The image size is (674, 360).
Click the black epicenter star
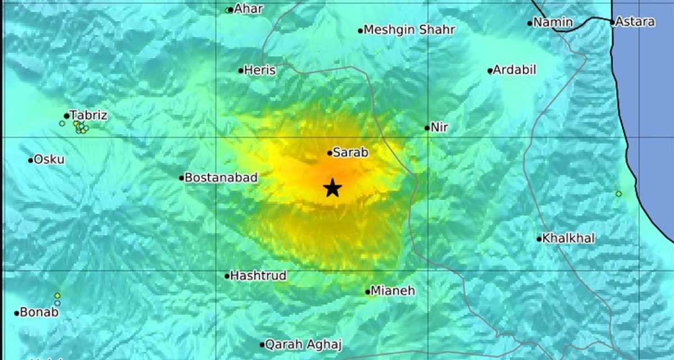click(x=333, y=188)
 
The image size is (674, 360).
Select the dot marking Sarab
click(x=330, y=153)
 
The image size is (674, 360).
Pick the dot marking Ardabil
click(x=490, y=71)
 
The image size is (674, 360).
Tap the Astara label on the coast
click(x=635, y=22)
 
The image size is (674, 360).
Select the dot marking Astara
click(x=612, y=22)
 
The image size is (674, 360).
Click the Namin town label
click(x=553, y=22)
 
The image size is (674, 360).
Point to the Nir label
click(x=439, y=127)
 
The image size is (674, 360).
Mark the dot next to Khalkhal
click(x=539, y=239)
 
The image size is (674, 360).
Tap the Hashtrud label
click(x=259, y=276)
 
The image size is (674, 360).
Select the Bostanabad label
click(x=221, y=177)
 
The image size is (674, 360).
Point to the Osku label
click(x=49, y=160)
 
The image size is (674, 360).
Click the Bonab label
click(x=39, y=313)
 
